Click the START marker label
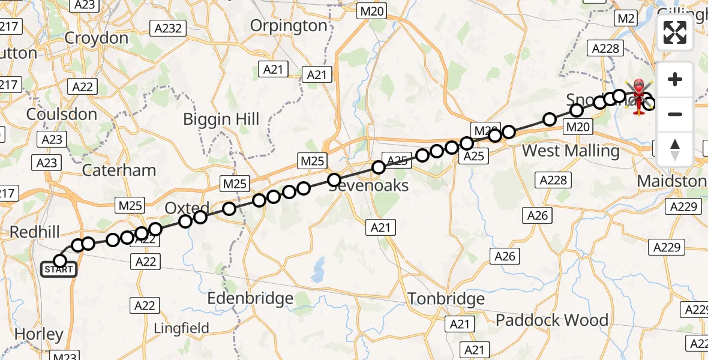(x=59, y=269)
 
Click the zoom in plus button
(x=675, y=79)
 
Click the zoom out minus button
(x=675, y=114)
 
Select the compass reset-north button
(x=675, y=149)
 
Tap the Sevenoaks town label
(x=368, y=185)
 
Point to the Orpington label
(x=289, y=26)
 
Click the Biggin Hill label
(x=221, y=119)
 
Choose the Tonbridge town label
(x=446, y=298)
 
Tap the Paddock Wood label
(x=551, y=320)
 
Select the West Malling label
(x=571, y=150)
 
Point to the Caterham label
(x=119, y=170)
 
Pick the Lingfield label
(x=182, y=328)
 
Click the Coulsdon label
(x=62, y=114)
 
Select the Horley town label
(x=38, y=335)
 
